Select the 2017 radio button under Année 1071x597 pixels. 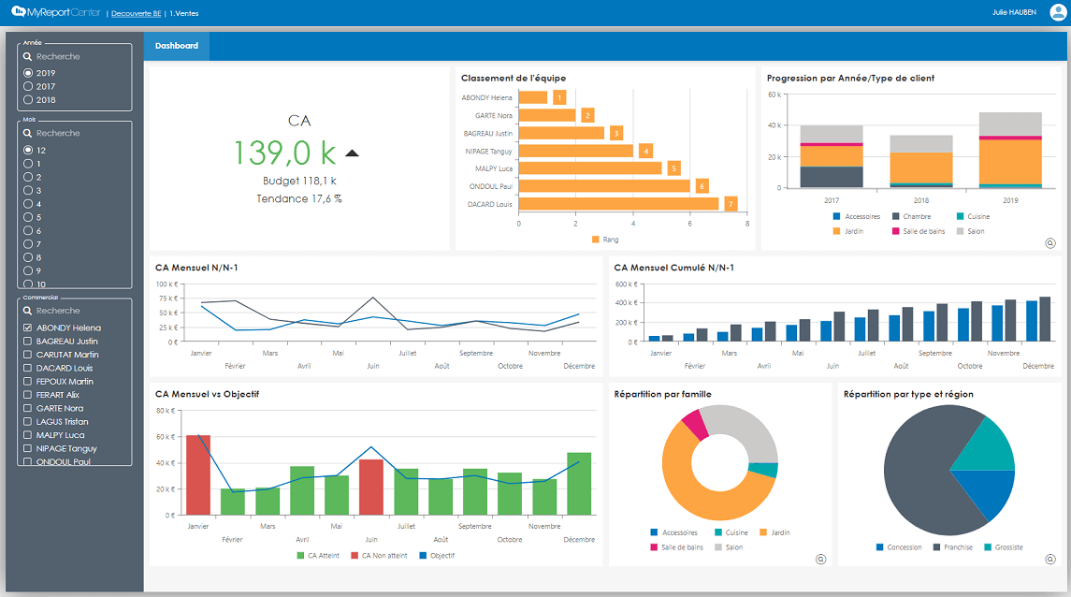[x=28, y=86]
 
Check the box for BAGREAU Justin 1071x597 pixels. [x=28, y=342]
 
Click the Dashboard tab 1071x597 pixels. [x=177, y=46]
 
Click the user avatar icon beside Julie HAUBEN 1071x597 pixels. [x=1057, y=13]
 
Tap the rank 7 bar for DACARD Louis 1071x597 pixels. [x=618, y=203]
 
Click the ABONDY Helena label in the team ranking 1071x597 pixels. [x=486, y=97]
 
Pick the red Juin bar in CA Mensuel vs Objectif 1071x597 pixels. [x=371, y=487]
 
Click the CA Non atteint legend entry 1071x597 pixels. [x=379, y=556]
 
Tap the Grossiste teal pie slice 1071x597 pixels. [x=987, y=445]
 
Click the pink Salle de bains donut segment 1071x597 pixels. [x=693, y=424]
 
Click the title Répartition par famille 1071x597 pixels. [x=662, y=394]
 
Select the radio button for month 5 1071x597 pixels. [x=28, y=217]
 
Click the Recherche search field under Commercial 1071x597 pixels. [x=75, y=311]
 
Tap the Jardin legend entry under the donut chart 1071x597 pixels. [x=774, y=532]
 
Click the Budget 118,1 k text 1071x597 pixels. [x=299, y=180]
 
